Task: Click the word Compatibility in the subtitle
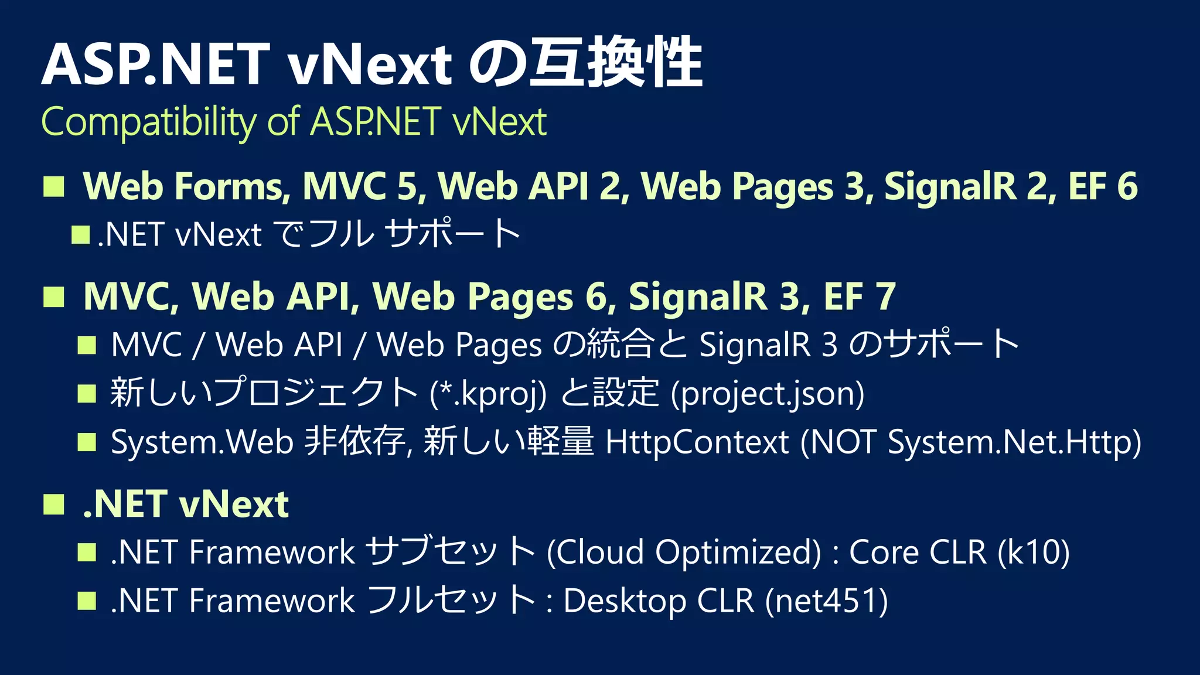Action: point(149,122)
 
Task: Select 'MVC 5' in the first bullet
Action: point(364,186)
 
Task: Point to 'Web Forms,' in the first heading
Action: point(187,186)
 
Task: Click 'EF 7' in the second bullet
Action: point(860,296)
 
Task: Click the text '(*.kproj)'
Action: point(488,393)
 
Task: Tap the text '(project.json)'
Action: point(767,393)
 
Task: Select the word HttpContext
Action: point(697,442)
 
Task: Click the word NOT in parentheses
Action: point(843,442)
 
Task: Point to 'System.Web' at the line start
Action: point(202,442)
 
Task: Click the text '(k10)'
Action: point(1034,552)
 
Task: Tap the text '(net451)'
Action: point(826,601)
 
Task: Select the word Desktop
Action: point(616,601)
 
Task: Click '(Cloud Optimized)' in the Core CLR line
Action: point(684,552)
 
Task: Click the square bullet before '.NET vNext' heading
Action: point(54,504)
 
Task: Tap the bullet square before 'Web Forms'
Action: point(54,187)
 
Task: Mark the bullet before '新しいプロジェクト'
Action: point(87,394)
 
